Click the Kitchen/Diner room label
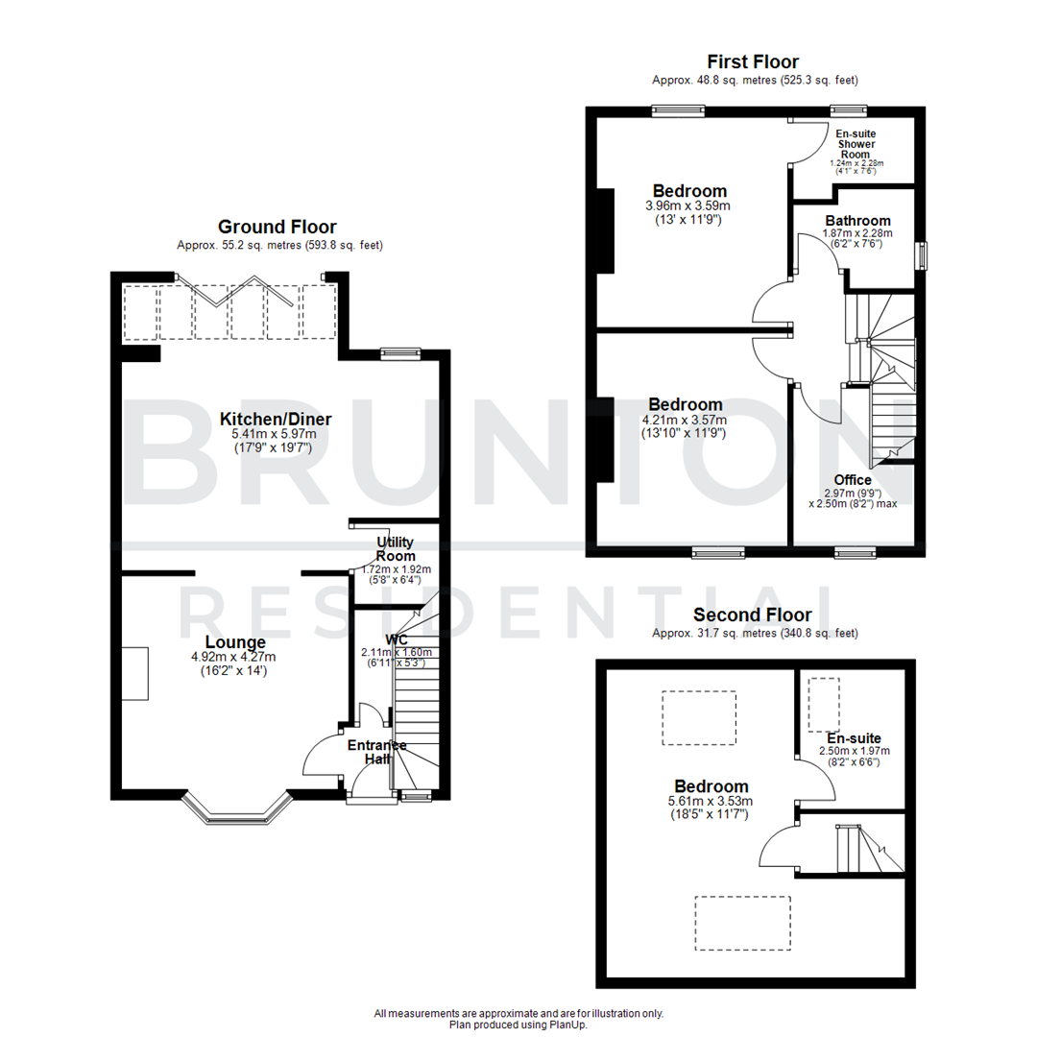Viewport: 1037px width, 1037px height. tap(276, 419)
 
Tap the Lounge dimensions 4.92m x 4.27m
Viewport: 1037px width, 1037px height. tap(234, 657)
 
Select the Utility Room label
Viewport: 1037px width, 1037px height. tap(396, 548)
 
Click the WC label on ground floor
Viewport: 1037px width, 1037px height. tap(397, 639)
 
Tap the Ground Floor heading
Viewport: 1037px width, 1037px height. tap(277, 227)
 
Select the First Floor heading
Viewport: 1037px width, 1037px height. tap(753, 62)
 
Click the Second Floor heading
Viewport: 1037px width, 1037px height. tap(753, 615)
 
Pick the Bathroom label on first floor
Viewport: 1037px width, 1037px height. tap(857, 221)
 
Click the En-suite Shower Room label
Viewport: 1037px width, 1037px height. tap(856, 144)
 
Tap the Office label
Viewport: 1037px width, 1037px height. tap(852, 480)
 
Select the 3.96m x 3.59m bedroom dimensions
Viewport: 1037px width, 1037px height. tap(689, 205)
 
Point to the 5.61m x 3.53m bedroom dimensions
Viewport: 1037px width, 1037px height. tap(711, 801)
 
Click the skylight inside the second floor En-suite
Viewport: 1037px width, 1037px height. tap(823, 704)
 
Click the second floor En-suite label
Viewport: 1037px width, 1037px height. tap(854, 736)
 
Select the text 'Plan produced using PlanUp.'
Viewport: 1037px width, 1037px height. tap(518, 1025)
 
